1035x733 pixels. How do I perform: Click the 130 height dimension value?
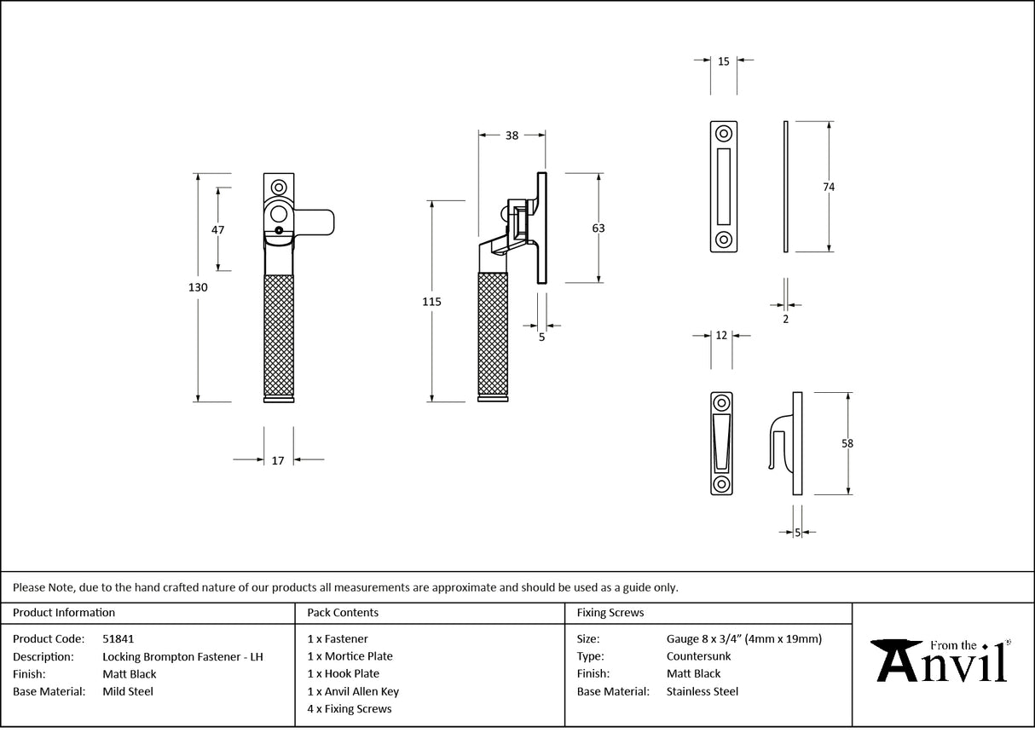[197, 288]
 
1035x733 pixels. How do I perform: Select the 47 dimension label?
[217, 229]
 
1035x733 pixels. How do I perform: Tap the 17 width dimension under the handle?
[278, 461]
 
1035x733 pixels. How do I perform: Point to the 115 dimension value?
[432, 302]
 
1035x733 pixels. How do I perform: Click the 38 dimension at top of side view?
[512, 135]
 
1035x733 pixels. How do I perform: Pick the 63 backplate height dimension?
[598, 228]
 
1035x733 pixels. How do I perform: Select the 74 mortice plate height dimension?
[829, 187]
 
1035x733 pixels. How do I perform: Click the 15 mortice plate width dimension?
[723, 61]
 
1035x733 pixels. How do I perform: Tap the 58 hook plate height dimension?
[847, 443]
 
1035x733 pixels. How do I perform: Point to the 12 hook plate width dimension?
[721, 336]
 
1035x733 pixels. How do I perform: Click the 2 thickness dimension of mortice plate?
[785, 320]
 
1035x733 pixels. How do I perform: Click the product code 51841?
[118, 638]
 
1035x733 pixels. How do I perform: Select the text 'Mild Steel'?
[128, 691]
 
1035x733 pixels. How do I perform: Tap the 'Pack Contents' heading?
[343, 612]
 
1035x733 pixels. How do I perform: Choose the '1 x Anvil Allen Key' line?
[353, 691]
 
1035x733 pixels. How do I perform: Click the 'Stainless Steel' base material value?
[702, 691]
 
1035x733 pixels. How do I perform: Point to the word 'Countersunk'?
[698, 656]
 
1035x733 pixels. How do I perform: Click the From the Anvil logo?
[943, 661]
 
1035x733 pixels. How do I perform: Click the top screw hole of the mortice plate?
[724, 134]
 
